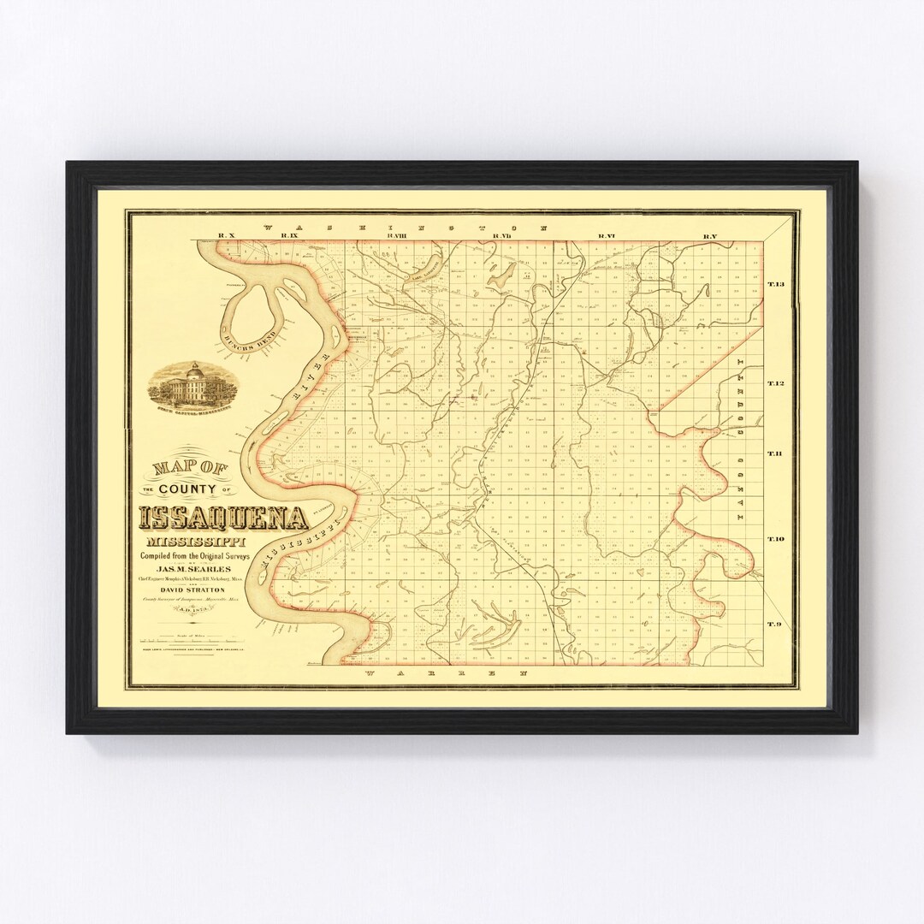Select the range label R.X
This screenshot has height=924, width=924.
(226, 235)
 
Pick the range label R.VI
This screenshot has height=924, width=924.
(607, 235)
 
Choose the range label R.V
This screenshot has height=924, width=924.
(709, 235)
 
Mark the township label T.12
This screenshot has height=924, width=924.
(776, 383)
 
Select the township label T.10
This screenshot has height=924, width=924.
(776, 539)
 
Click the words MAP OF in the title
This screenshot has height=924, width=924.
(185, 468)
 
